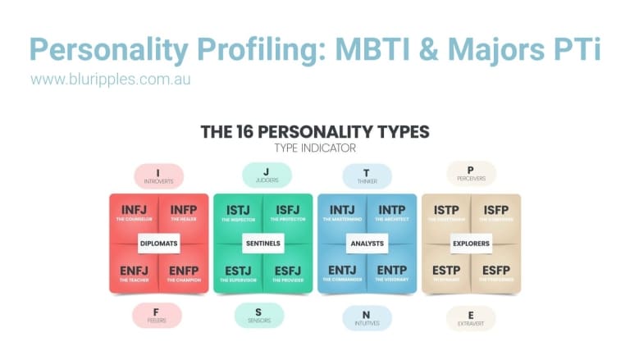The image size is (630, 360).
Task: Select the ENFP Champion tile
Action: [x=183, y=273]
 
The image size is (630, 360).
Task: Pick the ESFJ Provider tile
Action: [x=287, y=273]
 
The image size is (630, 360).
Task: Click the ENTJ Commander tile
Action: [x=341, y=273]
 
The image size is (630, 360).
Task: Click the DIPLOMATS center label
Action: [x=158, y=244]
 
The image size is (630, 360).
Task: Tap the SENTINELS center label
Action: [x=262, y=244]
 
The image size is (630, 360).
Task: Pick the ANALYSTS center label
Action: [x=367, y=244]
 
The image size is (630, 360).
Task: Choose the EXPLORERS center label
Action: [x=471, y=244]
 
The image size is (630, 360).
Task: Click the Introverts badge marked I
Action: [x=158, y=176]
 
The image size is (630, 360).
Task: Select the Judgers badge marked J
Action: [x=262, y=175]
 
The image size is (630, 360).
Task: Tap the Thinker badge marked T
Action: [x=367, y=176]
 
